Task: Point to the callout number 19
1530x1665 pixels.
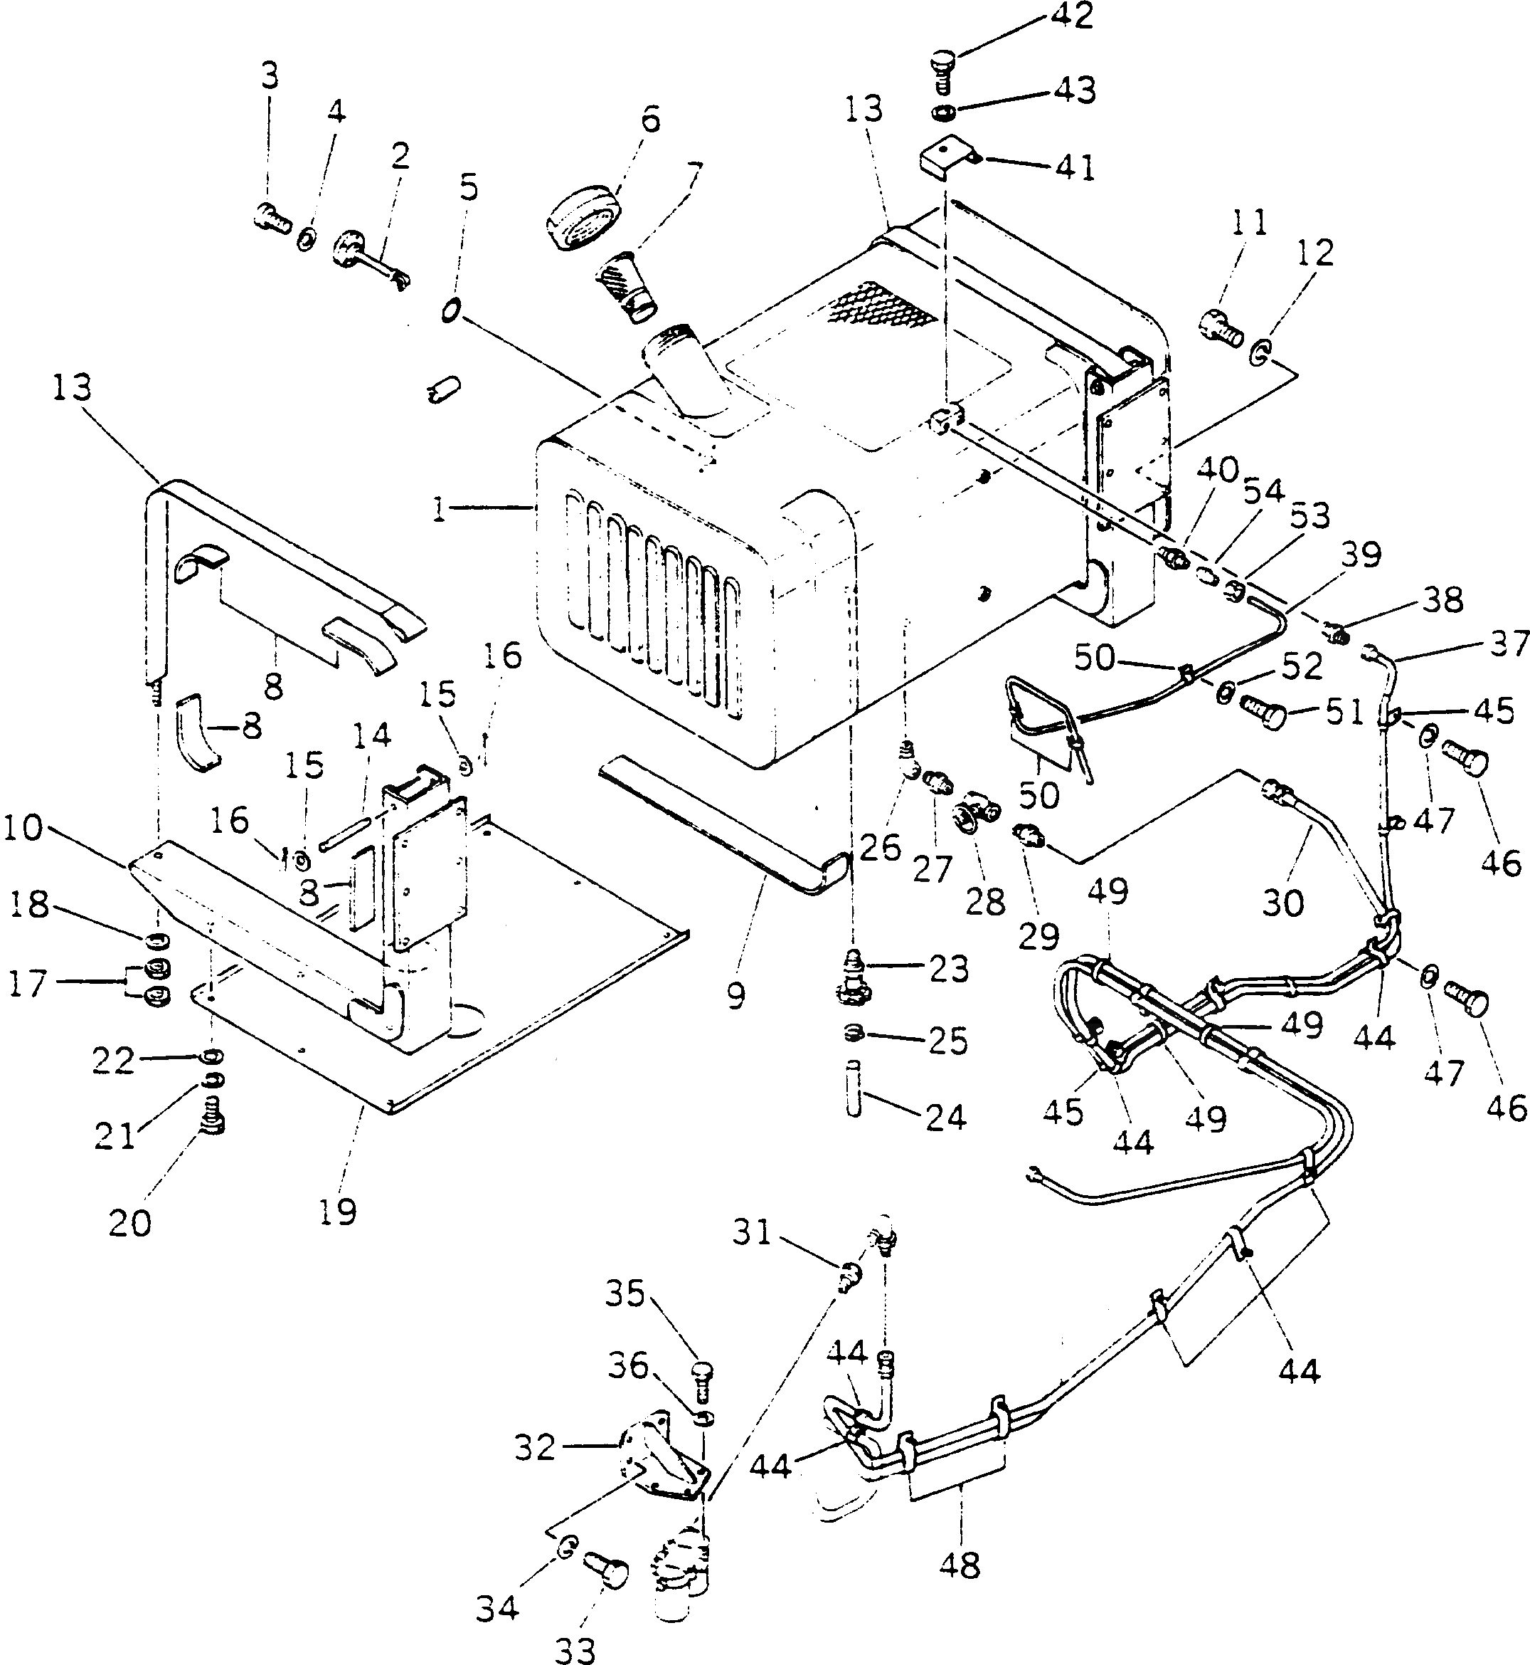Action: point(337,1212)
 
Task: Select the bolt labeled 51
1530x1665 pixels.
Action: point(1263,710)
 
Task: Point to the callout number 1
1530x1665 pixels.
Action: point(440,509)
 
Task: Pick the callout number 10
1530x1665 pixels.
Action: point(23,826)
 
